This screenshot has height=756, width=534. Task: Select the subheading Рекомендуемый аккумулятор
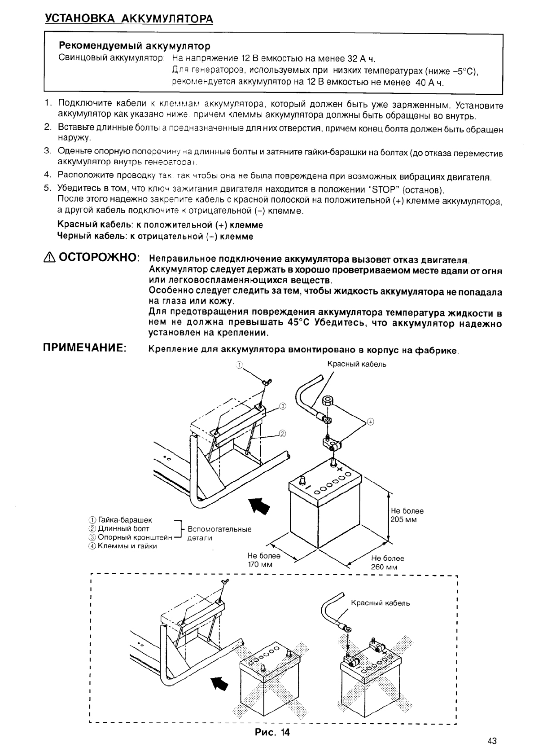click(x=135, y=46)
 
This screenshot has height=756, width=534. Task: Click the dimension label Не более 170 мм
click(x=264, y=559)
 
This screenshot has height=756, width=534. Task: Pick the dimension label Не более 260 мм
click(x=387, y=563)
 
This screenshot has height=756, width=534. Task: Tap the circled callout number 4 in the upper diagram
click(x=370, y=422)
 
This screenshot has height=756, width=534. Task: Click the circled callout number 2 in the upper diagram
click(x=283, y=433)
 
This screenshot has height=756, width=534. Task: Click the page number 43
click(x=492, y=741)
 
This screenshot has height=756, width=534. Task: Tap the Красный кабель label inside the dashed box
click(x=380, y=603)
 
